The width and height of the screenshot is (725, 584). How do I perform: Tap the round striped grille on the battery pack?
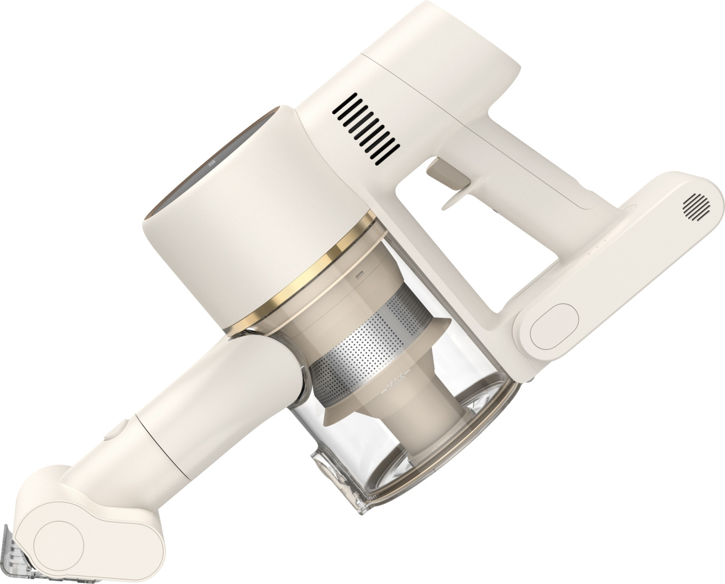(697, 207)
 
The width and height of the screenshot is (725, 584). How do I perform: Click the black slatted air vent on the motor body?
(367, 129)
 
